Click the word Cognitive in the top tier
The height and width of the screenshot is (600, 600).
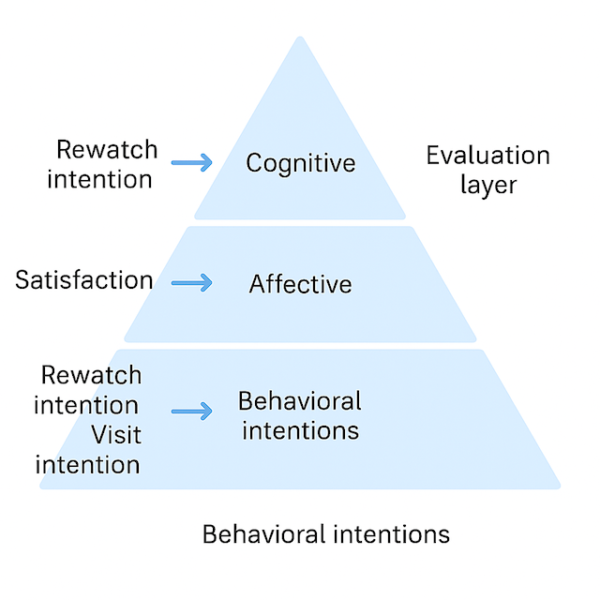[x=301, y=163]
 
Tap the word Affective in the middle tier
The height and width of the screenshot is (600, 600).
[x=301, y=283]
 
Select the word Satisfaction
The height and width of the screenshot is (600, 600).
[x=84, y=279]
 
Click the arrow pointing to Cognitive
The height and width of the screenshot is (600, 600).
[x=192, y=163]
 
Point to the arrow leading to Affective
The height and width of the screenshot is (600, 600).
[x=192, y=282]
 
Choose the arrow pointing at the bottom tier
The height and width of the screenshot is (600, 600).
[x=192, y=411]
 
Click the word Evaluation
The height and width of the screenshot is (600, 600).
[x=487, y=155]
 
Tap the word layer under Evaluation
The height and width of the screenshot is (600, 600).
[x=487, y=185]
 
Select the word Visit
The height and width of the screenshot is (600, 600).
[x=116, y=435]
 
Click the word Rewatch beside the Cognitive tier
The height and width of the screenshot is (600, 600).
[x=107, y=149]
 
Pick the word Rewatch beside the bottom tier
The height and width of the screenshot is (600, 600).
[x=91, y=375]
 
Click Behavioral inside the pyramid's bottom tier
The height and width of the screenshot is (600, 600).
[x=300, y=401]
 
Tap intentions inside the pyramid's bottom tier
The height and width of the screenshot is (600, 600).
[x=300, y=431]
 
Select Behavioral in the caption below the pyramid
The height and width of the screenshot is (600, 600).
[x=263, y=534]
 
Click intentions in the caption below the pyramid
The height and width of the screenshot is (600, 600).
[x=390, y=534]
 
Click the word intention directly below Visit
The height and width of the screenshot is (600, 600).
[x=87, y=464]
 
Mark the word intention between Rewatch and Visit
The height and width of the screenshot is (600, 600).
[x=87, y=405]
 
